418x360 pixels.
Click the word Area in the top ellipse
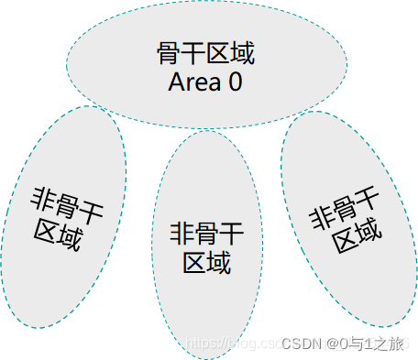pos(194,82)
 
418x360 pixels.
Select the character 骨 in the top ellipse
pos(170,53)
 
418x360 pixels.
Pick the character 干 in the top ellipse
pos(193,53)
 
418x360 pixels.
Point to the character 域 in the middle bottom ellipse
pos(217,264)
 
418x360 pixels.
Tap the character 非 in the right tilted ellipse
pos(320,219)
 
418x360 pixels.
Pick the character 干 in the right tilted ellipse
pos(366,198)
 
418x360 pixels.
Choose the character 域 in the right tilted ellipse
pos(368,230)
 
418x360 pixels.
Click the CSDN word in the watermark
pos(299,344)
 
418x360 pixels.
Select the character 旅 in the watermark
pos(396,344)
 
